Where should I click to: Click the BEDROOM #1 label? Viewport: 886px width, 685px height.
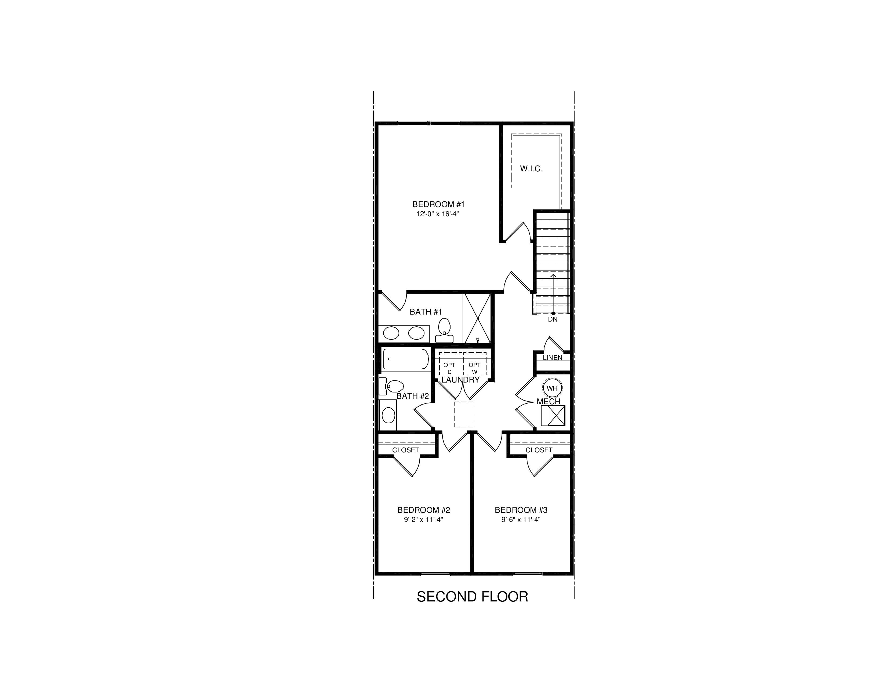pyautogui.click(x=438, y=204)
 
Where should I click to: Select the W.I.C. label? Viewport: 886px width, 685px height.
pyautogui.click(x=531, y=169)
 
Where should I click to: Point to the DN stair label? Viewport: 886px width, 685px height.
pyautogui.click(x=553, y=319)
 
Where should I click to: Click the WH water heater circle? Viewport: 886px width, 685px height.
pyautogui.click(x=552, y=388)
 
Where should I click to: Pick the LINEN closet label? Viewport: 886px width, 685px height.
pyautogui.click(x=553, y=358)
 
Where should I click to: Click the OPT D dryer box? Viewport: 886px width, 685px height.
pyautogui.click(x=450, y=364)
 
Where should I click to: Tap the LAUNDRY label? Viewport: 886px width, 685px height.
pyautogui.click(x=460, y=380)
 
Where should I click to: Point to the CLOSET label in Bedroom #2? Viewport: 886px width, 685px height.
pyautogui.click(x=405, y=450)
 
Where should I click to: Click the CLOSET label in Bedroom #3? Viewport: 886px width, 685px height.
pyautogui.click(x=539, y=450)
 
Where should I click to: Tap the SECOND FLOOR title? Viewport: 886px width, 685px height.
pyautogui.click(x=472, y=597)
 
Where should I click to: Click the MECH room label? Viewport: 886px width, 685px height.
pyautogui.click(x=549, y=402)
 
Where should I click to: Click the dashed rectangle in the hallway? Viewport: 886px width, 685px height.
pyautogui.click(x=464, y=414)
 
